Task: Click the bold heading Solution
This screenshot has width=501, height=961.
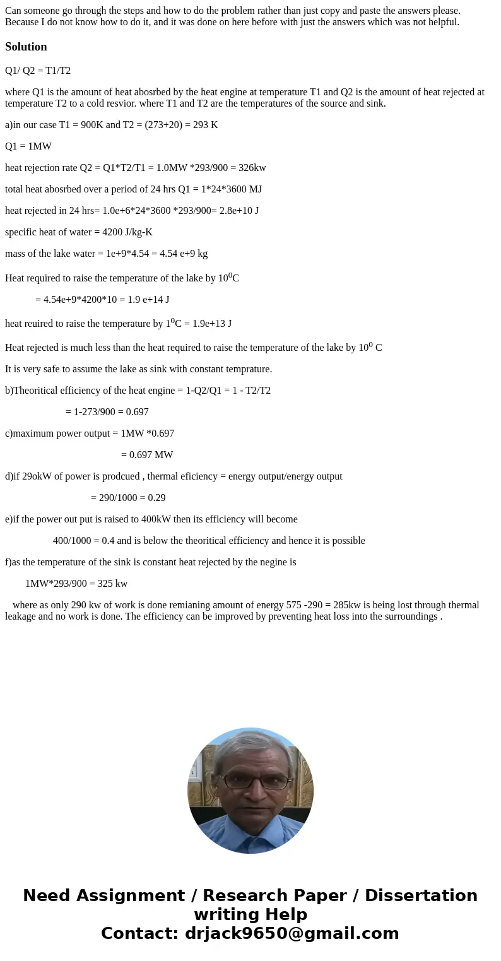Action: tap(26, 47)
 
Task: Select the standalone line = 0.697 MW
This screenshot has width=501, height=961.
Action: tap(146, 455)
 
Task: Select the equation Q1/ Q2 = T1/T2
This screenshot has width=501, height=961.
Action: tap(38, 71)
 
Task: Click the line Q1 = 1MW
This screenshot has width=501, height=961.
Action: tap(28, 146)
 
